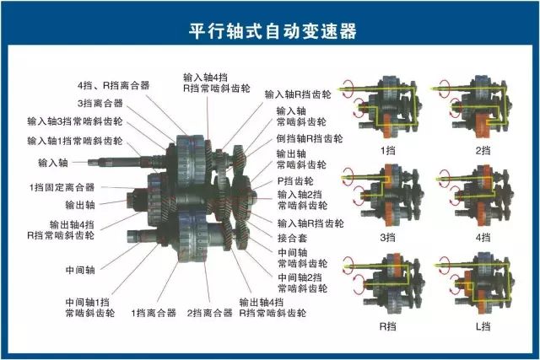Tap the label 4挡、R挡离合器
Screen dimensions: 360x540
coord(113,85)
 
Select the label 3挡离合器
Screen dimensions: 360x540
coord(100,103)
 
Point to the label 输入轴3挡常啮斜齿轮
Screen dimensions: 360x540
coord(74,121)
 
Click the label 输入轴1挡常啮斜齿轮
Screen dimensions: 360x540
coord(74,140)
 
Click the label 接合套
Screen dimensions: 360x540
coord(291,239)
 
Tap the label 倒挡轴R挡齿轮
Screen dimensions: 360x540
coord(310,137)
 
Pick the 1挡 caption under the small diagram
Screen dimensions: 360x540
coord(387,151)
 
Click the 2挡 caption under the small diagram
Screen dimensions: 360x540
coord(483,151)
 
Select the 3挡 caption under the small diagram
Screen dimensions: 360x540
coord(387,239)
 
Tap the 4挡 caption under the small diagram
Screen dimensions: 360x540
coord(483,239)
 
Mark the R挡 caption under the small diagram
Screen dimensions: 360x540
coord(387,325)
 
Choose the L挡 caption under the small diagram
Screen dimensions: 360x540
coord(483,325)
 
